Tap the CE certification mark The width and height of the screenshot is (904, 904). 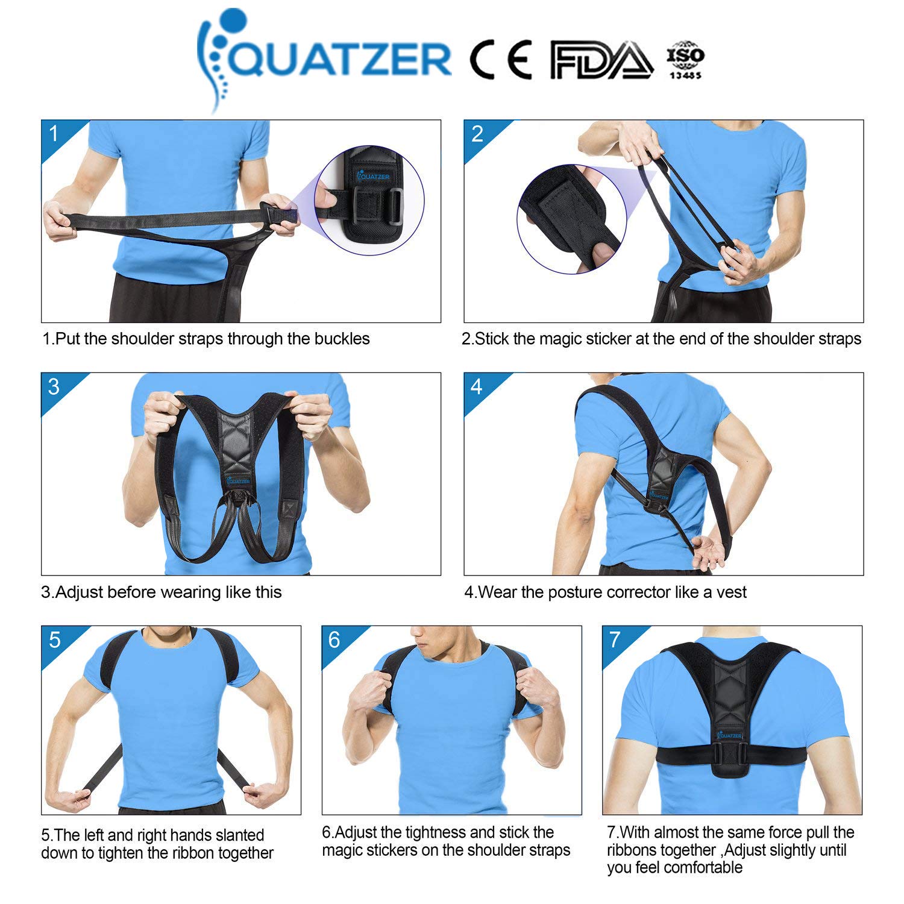(501, 60)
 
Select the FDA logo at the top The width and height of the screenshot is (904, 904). (601, 60)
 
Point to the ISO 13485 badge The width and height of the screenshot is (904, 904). (685, 60)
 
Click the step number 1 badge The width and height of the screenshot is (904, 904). (54, 133)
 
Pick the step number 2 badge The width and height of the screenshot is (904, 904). (477, 134)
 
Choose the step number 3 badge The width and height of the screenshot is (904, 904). (54, 386)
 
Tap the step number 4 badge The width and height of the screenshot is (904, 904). (477, 386)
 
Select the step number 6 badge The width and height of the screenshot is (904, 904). (334, 639)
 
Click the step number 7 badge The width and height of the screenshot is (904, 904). (615, 639)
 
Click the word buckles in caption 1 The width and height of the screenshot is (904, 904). (342, 339)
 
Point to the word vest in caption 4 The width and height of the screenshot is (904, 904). (732, 592)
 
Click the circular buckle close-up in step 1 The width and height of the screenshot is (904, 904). (369, 199)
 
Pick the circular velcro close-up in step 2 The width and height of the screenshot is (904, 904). (571, 219)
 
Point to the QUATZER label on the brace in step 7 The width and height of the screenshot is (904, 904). (730, 736)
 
